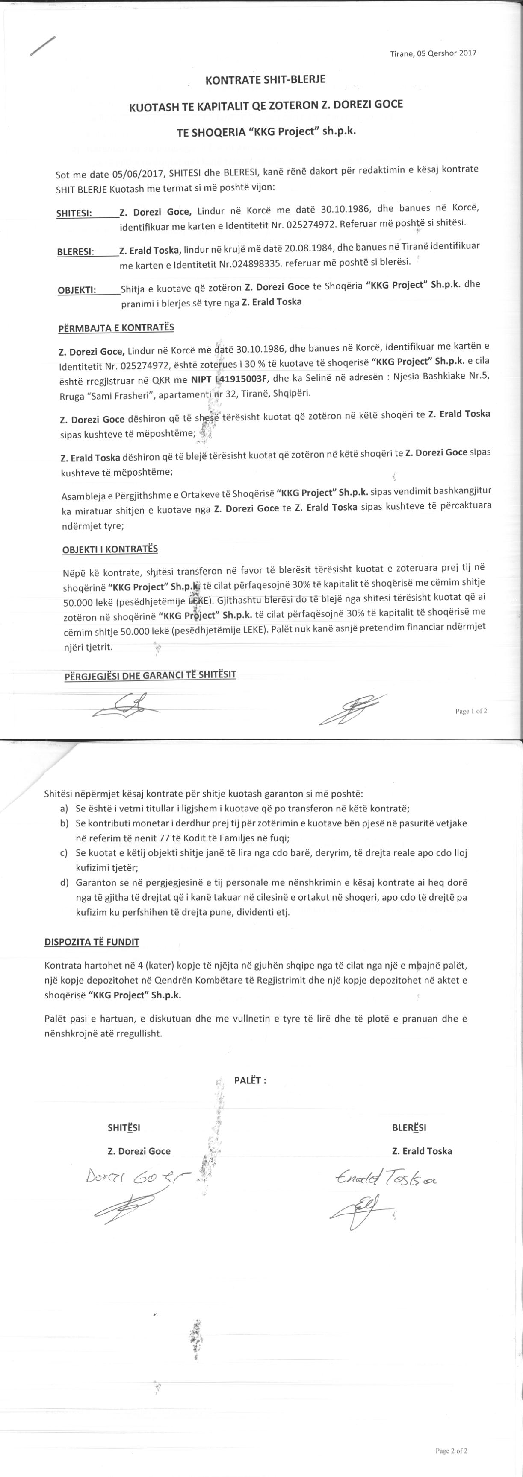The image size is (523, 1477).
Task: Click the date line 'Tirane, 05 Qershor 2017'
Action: [x=433, y=53]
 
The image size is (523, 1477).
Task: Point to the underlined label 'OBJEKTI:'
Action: [x=77, y=289]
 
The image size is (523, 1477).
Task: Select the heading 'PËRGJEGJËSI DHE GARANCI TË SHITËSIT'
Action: [x=151, y=675]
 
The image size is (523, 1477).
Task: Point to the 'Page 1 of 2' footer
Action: [x=471, y=711]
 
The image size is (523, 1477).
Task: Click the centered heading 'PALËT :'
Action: [x=250, y=1080]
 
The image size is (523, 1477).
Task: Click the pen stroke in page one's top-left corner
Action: [x=43, y=46]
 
